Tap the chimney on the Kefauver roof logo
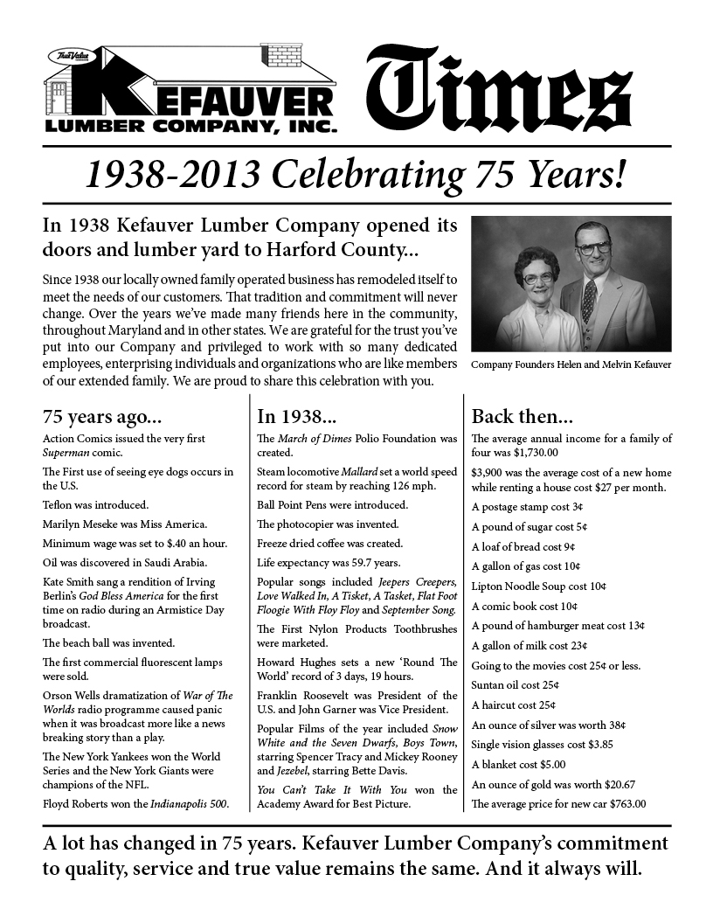pyautogui.click(x=284, y=55)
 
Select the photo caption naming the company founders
pyautogui.click(x=571, y=364)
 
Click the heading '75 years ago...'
pyautogui.click(x=102, y=415)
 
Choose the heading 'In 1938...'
pyautogui.click(x=290, y=415)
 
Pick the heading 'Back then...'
pyautogui.click(x=522, y=415)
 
